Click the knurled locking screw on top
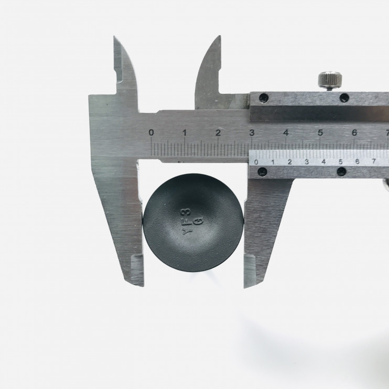coord(330,80)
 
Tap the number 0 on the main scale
coord(151,133)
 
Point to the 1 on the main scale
coord(185,133)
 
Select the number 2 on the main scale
coord(218,133)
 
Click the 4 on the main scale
coord(286,133)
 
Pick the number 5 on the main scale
coord(320,133)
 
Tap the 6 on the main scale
coord(354,133)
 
